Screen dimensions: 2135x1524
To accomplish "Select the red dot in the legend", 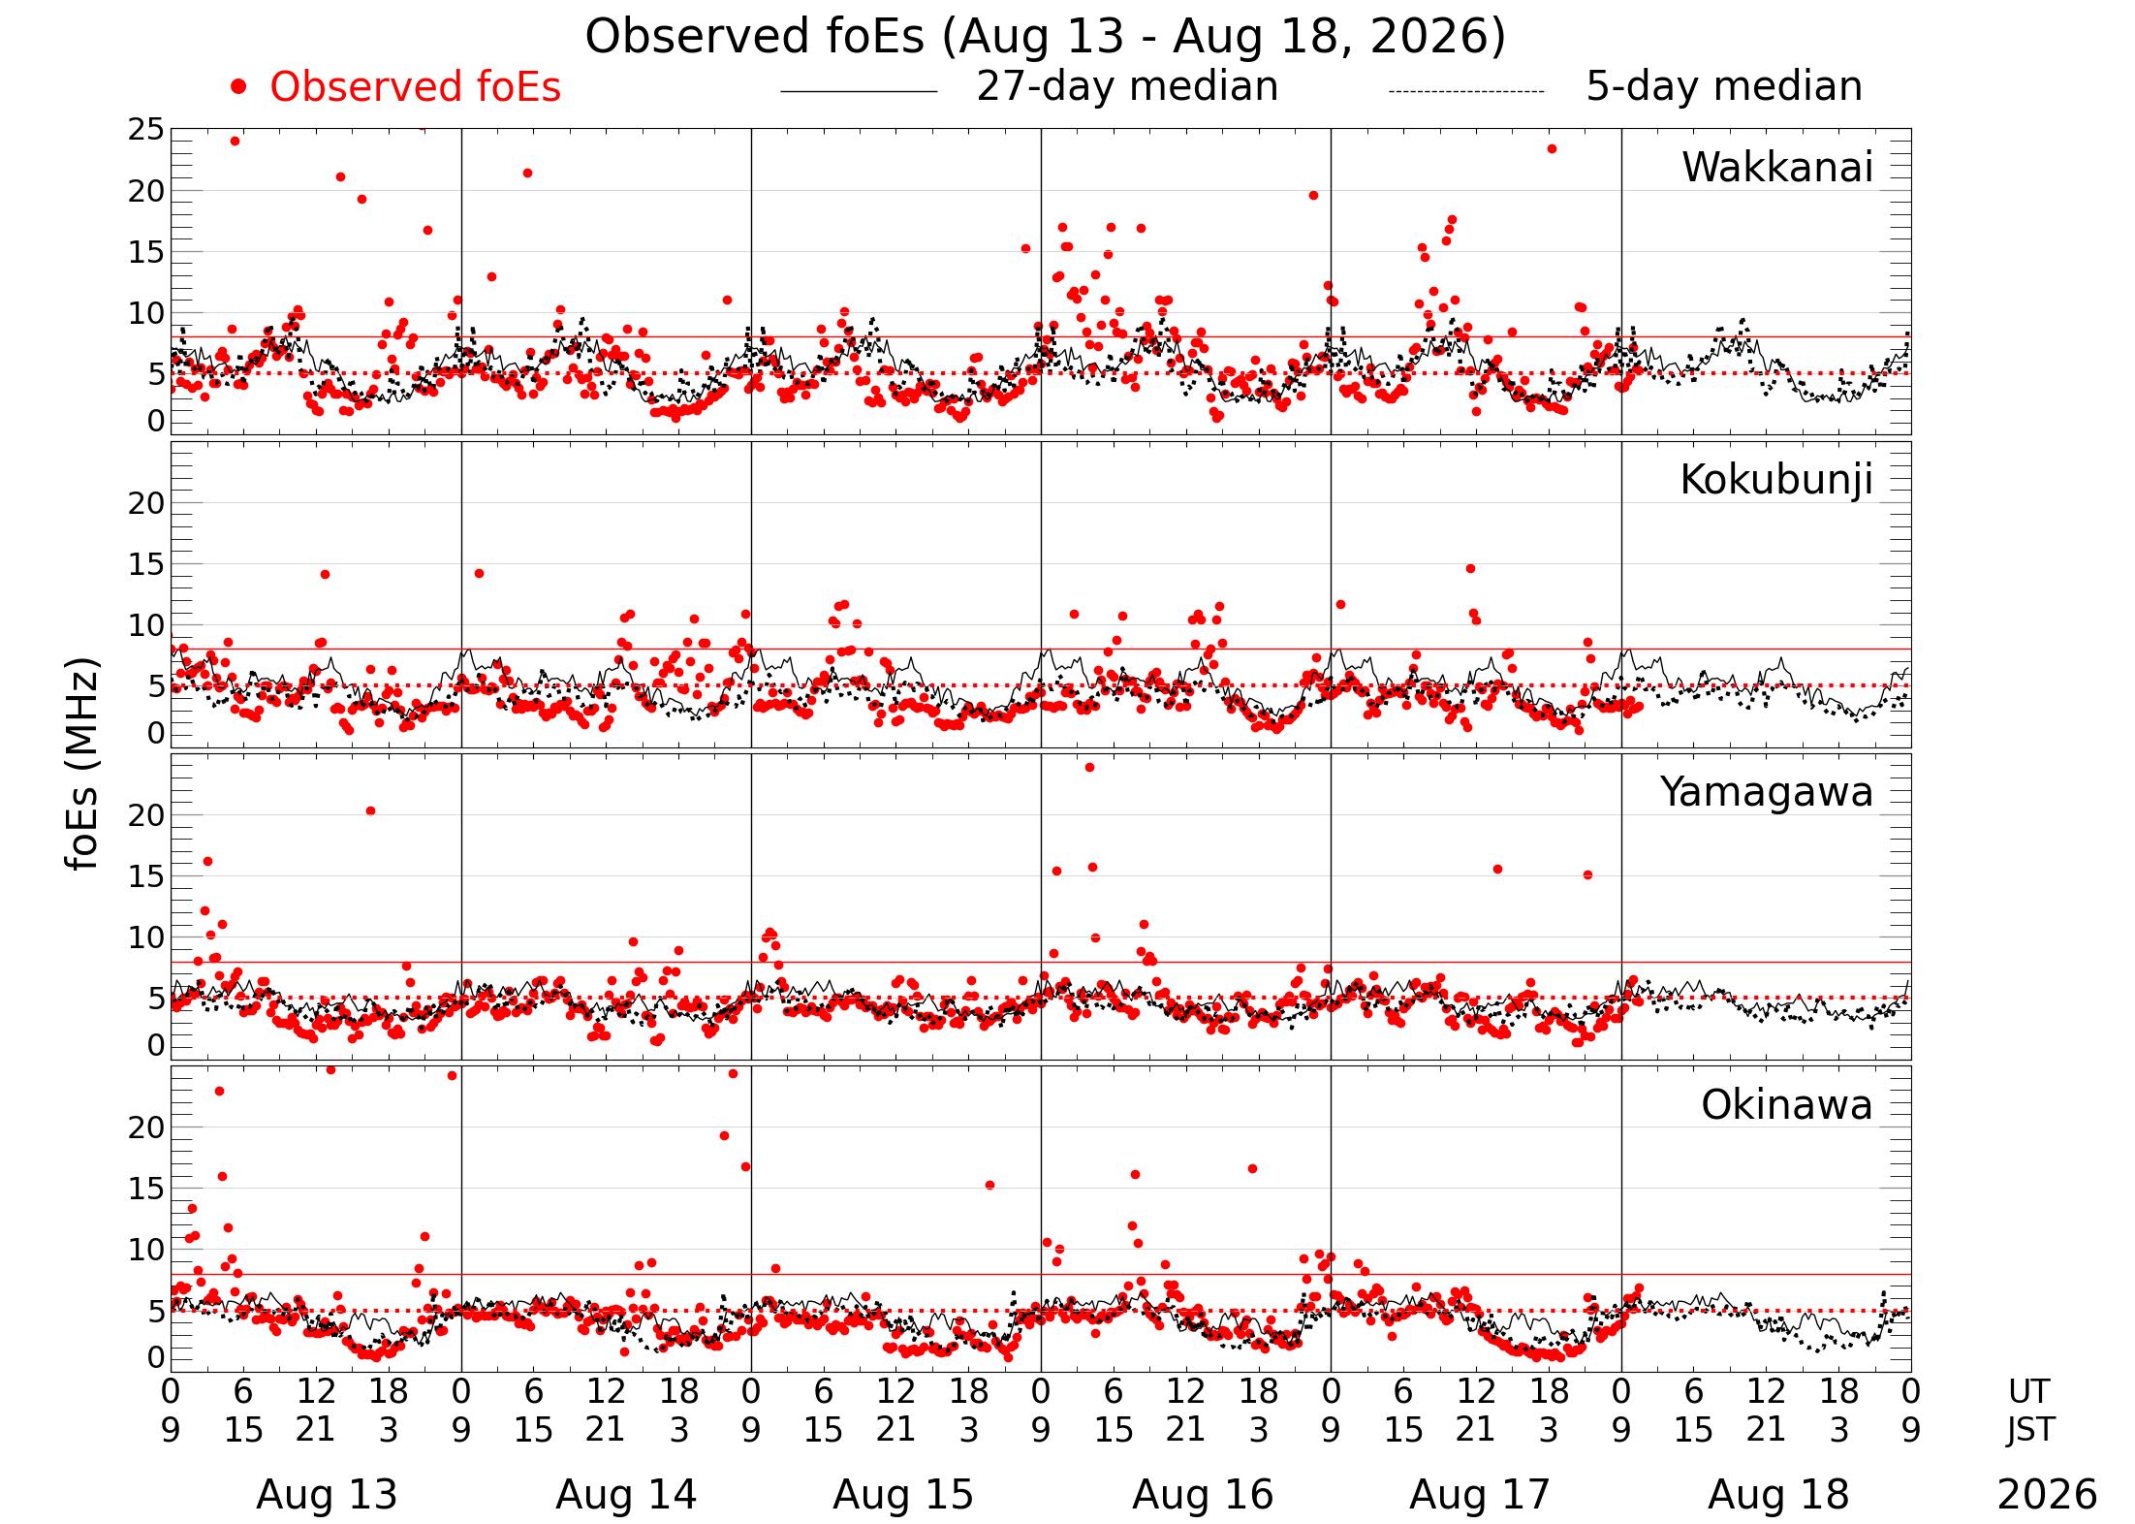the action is point(238,87).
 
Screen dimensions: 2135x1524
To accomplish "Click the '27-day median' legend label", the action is point(1127,86).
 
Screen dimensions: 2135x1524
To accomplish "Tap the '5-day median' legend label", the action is point(1724,86).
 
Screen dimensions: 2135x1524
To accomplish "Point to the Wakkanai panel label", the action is point(1776,168).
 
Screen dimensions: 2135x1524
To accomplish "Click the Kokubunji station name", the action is point(1775,480).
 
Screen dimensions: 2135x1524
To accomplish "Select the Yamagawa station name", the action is point(1767,793).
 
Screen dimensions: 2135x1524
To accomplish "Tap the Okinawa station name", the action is point(1786,1105).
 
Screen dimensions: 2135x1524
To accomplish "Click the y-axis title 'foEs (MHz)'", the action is point(83,765).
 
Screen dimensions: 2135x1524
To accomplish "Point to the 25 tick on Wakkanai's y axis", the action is point(146,130).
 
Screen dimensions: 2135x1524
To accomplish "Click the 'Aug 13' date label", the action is point(327,1495).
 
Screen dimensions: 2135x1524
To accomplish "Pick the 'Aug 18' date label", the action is point(1778,1495).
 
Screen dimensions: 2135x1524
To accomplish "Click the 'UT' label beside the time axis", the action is point(2028,1392).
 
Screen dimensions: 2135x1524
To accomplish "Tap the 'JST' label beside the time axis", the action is point(2029,1430).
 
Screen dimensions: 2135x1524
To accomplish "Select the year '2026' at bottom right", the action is point(2047,1495).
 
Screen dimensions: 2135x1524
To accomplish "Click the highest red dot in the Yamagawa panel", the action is point(1089,767).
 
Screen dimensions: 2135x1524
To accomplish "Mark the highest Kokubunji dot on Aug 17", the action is point(1470,568).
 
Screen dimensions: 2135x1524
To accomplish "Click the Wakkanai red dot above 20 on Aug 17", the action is point(1552,148).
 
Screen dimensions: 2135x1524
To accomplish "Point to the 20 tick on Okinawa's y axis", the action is point(146,1127).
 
